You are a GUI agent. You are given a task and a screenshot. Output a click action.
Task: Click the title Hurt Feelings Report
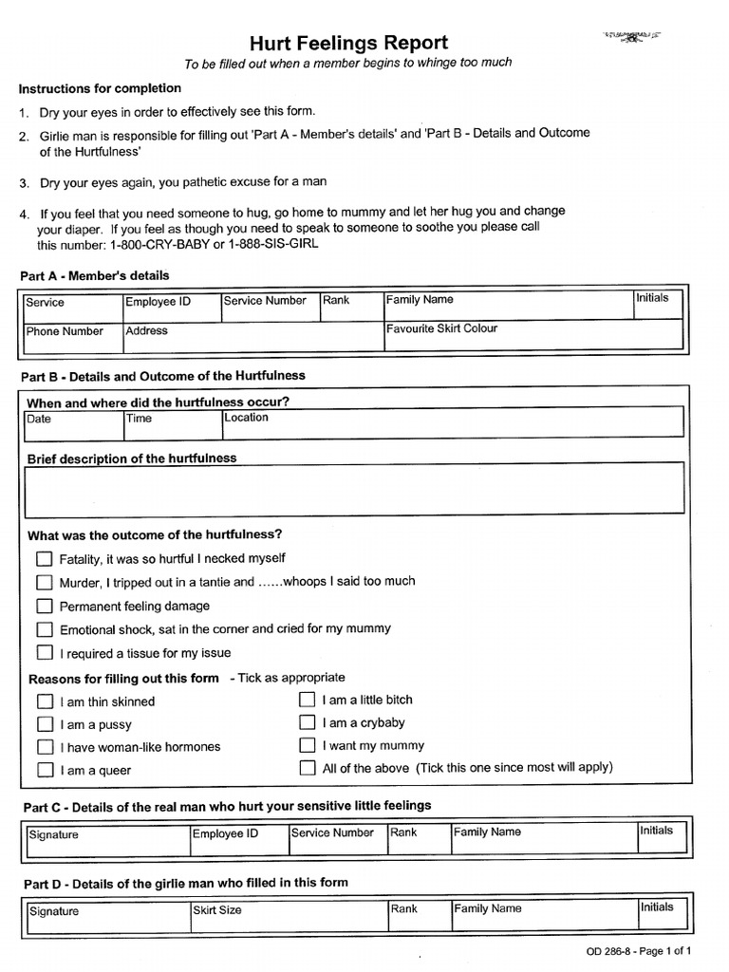pyautogui.click(x=348, y=43)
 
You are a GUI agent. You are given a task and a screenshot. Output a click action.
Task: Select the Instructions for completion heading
pyautogui.click(x=100, y=88)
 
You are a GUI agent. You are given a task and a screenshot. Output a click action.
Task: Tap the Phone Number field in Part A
pyautogui.click(x=72, y=334)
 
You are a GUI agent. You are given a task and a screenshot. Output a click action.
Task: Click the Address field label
pyautogui.click(x=146, y=331)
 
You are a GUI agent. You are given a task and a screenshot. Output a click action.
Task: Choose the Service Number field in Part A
pyautogui.click(x=270, y=304)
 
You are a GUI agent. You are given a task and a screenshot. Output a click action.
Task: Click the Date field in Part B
pyautogui.click(x=72, y=423)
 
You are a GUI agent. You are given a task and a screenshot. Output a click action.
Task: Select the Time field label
pyautogui.click(x=139, y=419)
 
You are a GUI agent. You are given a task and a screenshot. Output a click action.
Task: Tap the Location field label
pyautogui.click(x=247, y=418)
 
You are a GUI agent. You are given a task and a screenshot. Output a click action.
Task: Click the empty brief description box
pyautogui.click(x=353, y=490)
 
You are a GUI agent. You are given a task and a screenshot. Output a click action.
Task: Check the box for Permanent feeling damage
pyautogui.click(x=45, y=606)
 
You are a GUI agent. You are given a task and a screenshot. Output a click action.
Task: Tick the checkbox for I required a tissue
pyautogui.click(x=45, y=652)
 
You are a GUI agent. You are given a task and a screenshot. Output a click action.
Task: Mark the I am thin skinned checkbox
pyautogui.click(x=45, y=701)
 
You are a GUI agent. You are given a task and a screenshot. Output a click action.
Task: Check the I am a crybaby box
pyautogui.click(x=307, y=722)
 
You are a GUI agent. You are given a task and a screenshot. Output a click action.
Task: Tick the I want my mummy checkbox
pyautogui.click(x=307, y=745)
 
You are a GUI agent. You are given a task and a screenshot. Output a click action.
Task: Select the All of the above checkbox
pyautogui.click(x=307, y=768)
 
